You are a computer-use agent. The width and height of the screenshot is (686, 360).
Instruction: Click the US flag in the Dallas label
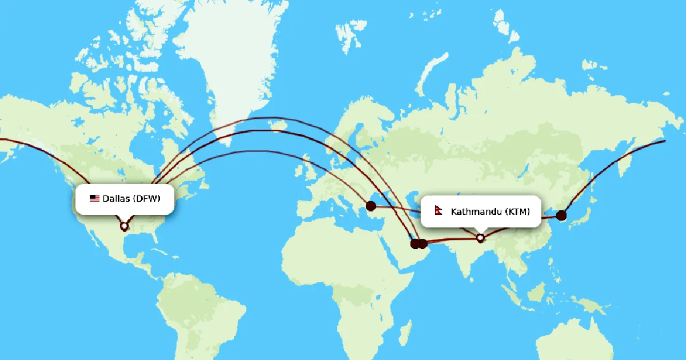pyautogui.click(x=94, y=199)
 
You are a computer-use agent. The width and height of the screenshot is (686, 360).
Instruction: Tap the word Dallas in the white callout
pyautogui.click(x=117, y=199)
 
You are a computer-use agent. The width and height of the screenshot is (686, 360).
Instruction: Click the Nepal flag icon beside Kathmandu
pyautogui.click(x=439, y=211)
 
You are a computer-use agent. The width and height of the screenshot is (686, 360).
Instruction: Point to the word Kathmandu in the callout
pyautogui.click(x=476, y=212)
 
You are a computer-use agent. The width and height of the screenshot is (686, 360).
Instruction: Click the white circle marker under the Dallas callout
pyautogui.click(x=125, y=226)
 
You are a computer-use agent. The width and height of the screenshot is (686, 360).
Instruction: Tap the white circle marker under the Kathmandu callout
pyautogui.click(x=481, y=237)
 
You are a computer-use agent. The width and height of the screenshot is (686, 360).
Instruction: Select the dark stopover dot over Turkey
pyautogui.click(x=370, y=206)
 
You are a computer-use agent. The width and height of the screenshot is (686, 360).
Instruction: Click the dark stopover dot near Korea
pyautogui.click(x=561, y=215)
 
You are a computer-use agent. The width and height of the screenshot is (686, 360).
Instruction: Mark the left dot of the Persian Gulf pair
pyautogui.click(x=416, y=244)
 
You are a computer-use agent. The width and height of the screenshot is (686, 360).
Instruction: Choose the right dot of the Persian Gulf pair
pyautogui.click(x=423, y=244)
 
